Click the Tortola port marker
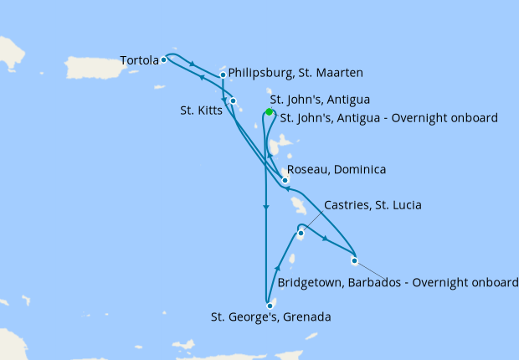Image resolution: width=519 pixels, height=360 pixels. [164, 59]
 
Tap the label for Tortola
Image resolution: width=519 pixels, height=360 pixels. [139, 60]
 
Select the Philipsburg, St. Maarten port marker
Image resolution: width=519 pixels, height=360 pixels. [223, 75]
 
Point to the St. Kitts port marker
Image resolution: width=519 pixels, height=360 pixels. [234, 101]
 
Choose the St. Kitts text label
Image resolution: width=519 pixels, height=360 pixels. [200, 110]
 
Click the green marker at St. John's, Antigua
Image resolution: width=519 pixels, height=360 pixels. [269, 111]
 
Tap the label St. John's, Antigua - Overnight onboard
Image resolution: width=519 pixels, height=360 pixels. [388, 118]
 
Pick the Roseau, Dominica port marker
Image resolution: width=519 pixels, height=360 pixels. [285, 180]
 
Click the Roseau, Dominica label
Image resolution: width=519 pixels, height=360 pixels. [337, 170]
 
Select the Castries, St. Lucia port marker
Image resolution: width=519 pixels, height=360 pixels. [301, 234]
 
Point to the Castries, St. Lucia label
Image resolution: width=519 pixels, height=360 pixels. [373, 205]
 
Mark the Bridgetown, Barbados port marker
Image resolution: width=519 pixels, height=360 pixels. [354, 260]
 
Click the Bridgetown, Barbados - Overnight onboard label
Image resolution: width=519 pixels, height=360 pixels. [398, 284]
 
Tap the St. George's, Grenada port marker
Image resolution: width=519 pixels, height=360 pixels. [270, 306]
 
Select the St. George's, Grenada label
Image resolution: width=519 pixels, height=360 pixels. [270, 317]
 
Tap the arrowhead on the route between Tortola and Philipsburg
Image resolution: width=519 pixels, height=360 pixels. [193, 64]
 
